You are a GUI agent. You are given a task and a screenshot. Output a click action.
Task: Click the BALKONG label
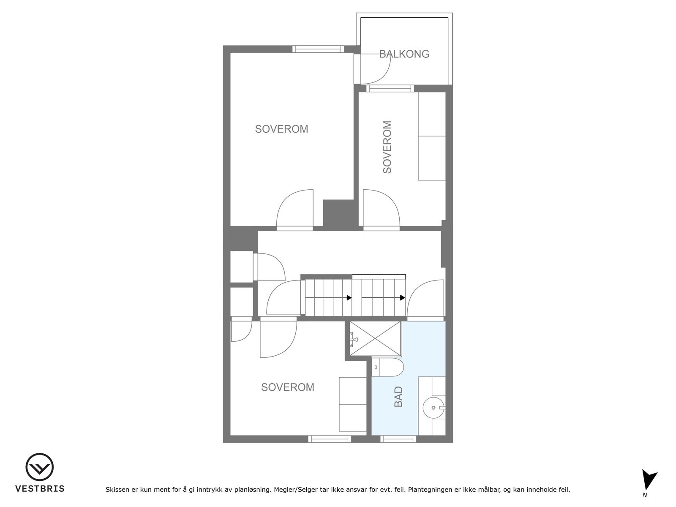404,54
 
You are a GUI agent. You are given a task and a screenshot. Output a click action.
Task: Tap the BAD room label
398,397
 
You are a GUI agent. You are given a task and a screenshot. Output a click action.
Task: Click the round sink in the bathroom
434,408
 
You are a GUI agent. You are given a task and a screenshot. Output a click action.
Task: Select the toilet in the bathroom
388,367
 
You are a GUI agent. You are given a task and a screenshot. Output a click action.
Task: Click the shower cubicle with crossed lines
376,338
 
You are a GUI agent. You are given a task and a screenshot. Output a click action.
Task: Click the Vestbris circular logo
39,467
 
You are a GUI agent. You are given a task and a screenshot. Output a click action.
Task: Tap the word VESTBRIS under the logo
40,489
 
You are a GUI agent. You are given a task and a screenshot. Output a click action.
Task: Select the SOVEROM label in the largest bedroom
281,129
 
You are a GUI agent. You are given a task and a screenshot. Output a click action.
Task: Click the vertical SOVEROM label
387,147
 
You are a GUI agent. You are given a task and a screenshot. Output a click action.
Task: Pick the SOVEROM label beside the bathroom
288,387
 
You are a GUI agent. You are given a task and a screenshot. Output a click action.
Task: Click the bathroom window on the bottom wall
398,439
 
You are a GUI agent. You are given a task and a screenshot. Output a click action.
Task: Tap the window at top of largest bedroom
318,49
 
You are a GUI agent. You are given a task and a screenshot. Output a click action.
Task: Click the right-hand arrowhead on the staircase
403,298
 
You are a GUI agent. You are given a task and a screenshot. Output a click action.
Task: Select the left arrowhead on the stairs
349,298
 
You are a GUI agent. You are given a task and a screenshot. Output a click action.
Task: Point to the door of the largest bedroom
295,210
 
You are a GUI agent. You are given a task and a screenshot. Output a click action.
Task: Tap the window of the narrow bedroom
390,89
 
